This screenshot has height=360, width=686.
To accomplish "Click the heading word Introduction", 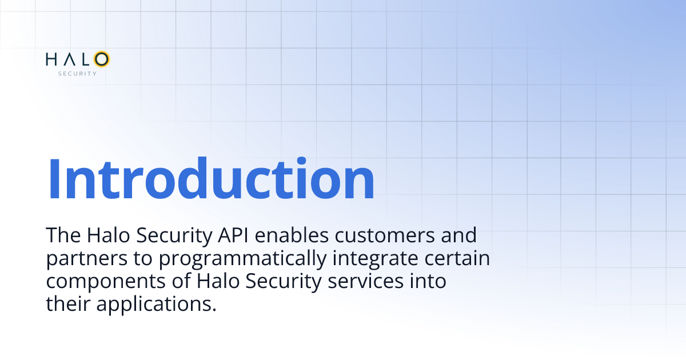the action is pyautogui.click(x=211, y=178).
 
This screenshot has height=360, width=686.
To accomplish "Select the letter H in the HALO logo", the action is pyautogui.click(x=51, y=59).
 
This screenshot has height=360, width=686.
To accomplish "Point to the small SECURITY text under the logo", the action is pyautogui.click(x=78, y=74).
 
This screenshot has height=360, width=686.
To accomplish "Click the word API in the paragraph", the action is pyautogui.click(x=233, y=235).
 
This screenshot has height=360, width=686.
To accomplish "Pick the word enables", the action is pyautogui.click(x=292, y=235).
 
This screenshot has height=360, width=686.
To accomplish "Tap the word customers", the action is pyautogui.click(x=384, y=235).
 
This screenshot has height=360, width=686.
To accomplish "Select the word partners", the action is pyautogui.click(x=87, y=259).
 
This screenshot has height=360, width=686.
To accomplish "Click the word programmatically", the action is pyautogui.click(x=242, y=259).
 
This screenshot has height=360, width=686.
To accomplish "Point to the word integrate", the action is pyautogui.click(x=375, y=259).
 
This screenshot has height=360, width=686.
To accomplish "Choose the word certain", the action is pyautogui.click(x=457, y=258).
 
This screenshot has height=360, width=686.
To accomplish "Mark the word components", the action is pyautogui.click(x=106, y=282).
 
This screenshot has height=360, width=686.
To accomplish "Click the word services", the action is pyautogui.click(x=366, y=281).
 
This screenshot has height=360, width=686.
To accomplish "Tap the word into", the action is pyautogui.click(x=428, y=281).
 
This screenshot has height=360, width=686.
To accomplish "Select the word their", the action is pyautogui.click(x=68, y=304).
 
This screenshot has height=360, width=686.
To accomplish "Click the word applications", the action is pyautogui.click(x=157, y=305).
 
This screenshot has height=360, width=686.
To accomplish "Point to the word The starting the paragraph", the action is pyautogui.click(x=63, y=235).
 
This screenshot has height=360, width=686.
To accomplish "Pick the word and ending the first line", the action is pyautogui.click(x=458, y=235).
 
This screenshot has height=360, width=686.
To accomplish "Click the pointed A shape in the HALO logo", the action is pyautogui.click(x=70, y=59).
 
